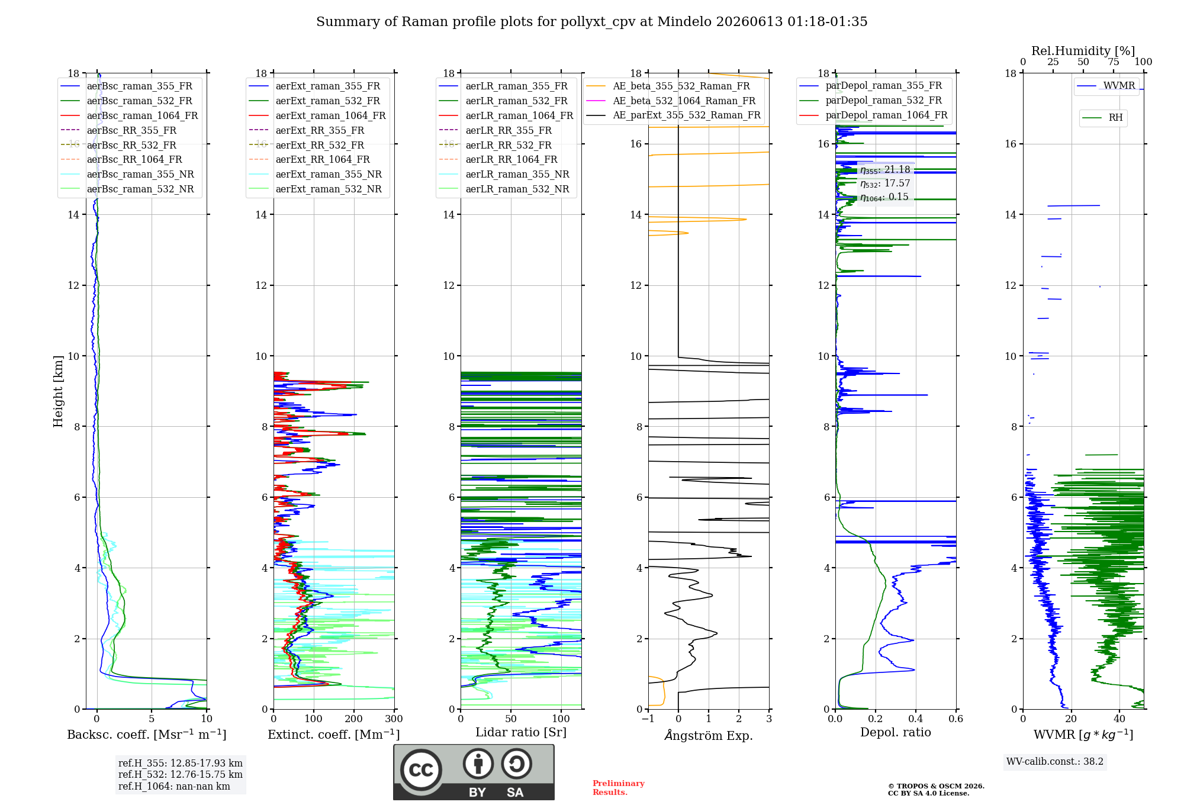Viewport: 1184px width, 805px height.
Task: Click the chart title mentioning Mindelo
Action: (x=591, y=22)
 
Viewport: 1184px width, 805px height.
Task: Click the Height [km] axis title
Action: (x=58, y=391)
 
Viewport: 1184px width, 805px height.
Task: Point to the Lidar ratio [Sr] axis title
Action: (x=521, y=732)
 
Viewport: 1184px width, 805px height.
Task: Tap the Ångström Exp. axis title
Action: (x=709, y=735)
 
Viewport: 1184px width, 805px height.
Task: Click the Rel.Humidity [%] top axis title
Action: (x=1083, y=51)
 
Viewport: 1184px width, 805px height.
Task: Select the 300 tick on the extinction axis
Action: (x=394, y=719)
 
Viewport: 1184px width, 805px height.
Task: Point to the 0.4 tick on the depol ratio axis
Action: (x=916, y=719)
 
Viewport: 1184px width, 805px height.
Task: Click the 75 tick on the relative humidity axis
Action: (x=1114, y=62)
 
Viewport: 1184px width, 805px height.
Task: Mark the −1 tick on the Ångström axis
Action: (x=648, y=719)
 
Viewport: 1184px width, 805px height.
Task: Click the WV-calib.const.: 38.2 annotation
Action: (x=1055, y=761)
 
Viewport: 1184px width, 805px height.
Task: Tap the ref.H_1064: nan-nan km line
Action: (x=174, y=786)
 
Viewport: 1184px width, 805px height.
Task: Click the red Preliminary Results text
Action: (x=619, y=788)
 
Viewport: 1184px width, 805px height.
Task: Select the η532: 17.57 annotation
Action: (x=885, y=183)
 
